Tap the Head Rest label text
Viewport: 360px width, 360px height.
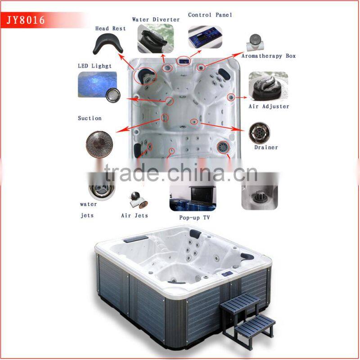coord(110,28)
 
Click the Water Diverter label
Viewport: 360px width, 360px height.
coord(156,19)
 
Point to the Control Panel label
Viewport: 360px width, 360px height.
coord(210,15)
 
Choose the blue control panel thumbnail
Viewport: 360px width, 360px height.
coord(205,37)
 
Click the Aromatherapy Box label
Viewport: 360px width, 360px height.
coord(269,56)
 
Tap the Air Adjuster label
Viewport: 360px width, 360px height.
coord(269,107)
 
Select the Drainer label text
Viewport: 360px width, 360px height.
coord(266,147)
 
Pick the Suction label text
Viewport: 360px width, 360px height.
coord(90,118)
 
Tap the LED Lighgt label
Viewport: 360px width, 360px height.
coord(95,66)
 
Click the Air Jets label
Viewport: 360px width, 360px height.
coord(135,216)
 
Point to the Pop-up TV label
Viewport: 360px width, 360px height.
coord(194,218)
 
